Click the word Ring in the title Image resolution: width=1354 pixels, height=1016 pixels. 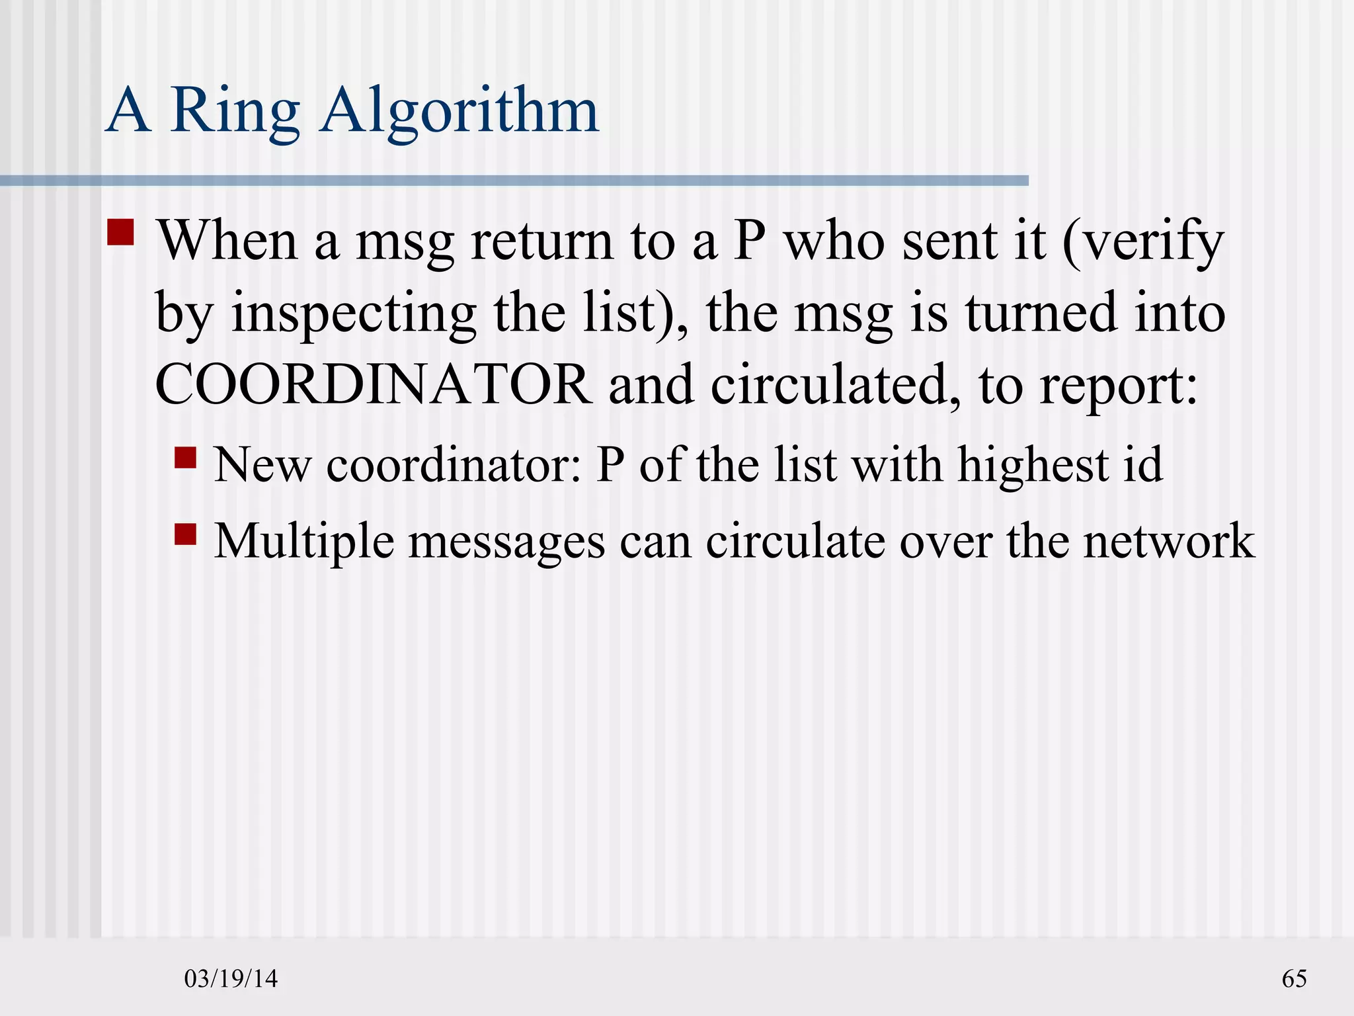click(x=235, y=111)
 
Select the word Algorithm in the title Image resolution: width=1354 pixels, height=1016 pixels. click(x=459, y=111)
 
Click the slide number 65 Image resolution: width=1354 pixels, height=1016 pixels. click(x=1294, y=978)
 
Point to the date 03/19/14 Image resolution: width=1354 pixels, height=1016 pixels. click(x=231, y=978)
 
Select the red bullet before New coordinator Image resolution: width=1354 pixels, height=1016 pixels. click(x=186, y=458)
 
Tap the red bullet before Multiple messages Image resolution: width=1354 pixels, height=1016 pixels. click(x=186, y=534)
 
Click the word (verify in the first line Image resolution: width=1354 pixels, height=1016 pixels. click(x=1143, y=241)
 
